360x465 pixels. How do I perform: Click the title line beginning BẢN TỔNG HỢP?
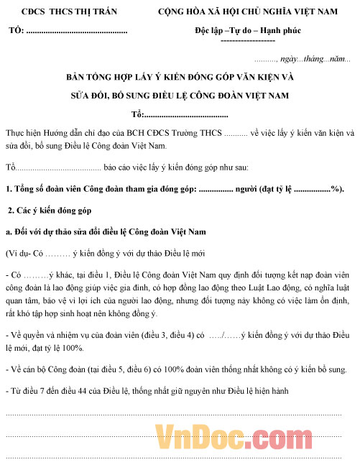[180, 76]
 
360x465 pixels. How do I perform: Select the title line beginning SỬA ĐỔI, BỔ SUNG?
[180, 95]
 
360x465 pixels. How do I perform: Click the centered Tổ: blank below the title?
[180, 114]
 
